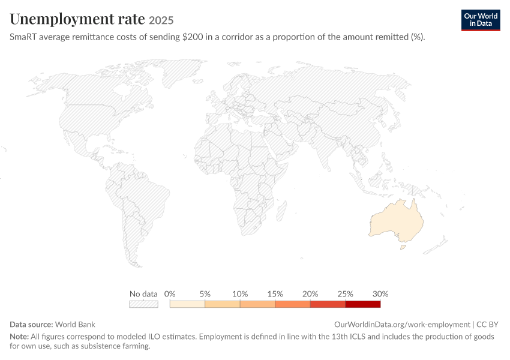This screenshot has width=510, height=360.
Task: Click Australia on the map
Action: pos(397,221)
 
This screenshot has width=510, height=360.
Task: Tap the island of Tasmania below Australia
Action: pos(403,247)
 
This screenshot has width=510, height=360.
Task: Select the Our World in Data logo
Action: pos(481,20)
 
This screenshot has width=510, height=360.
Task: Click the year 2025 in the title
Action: pos(161,20)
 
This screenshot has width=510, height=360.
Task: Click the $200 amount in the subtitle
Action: pos(193,37)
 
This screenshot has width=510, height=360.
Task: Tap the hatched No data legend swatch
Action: pos(143,304)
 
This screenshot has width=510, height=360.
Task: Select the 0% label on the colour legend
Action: pos(170,294)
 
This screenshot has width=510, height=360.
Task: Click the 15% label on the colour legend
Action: pos(275,294)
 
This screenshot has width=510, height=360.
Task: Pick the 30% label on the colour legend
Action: pos(380,294)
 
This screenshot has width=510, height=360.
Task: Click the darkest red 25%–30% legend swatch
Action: pos(363,304)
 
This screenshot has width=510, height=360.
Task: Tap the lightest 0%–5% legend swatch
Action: pos(187,304)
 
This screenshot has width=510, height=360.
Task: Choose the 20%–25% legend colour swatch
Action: pos(328,304)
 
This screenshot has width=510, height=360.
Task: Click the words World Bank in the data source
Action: pos(75,324)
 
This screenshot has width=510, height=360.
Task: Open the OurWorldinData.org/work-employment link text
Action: pos(402,325)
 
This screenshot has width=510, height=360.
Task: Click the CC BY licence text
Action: pos(487,324)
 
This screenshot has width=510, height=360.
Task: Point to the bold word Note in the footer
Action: pos(19,336)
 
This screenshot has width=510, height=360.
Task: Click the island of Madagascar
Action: pos(282,211)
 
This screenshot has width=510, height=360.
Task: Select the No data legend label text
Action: pos(143,294)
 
